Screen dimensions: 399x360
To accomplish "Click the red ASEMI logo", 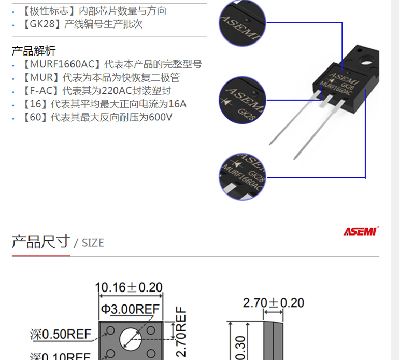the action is click(361, 231).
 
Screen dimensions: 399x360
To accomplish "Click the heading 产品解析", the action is click(34, 51).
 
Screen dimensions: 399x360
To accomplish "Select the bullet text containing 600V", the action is click(98, 117).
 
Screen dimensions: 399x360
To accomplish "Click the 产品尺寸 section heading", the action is click(41, 242).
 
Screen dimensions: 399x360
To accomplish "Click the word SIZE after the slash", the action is click(93, 243).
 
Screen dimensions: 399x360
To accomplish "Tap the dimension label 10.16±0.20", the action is click(129, 287).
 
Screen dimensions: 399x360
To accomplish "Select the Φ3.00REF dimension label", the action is click(130, 309).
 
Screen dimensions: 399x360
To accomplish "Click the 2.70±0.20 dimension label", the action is click(274, 303).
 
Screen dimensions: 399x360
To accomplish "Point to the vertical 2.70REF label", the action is click(181, 331).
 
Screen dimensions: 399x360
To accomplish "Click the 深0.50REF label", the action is click(61, 334).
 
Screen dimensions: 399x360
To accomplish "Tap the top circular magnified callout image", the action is click(243, 23).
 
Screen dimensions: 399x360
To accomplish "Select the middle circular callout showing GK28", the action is click(243, 100).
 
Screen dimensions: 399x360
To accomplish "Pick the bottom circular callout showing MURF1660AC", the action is click(243, 177).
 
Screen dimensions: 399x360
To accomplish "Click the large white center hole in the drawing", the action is click(131, 339).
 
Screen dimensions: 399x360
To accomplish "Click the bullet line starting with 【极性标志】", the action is click(94, 11).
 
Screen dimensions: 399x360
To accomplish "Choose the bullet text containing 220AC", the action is click(97, 91).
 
